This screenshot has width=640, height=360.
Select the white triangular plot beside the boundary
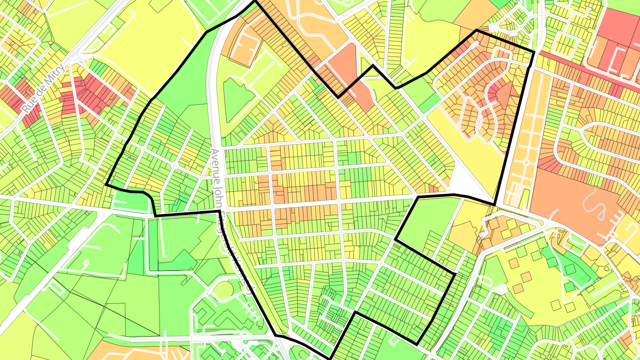point(462,182)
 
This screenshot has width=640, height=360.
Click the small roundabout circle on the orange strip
point(526,163)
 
